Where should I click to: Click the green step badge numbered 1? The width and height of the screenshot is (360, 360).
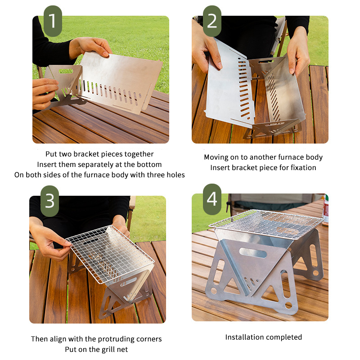click(x=53, y=21)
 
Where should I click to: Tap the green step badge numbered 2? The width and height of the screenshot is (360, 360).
click(x=212, y=21)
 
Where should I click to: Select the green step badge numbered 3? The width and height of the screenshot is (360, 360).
click(x=49, y=201)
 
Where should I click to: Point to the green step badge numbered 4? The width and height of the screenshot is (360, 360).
click(x=212, y=199)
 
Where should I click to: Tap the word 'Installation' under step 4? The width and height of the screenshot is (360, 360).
click(x=244, y=337)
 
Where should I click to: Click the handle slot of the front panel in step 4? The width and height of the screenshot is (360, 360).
click(x=253, y=253)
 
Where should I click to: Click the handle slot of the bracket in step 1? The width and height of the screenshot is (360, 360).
click(x=66, y=71)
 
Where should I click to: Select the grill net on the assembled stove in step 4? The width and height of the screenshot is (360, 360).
click(x=266, y=223)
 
